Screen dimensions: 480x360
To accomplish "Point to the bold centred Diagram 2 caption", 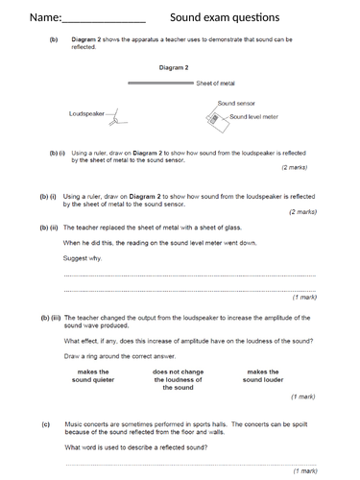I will point(173,68).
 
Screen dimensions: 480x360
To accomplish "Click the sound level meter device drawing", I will point(212,118).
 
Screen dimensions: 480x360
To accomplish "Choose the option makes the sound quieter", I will point(92,376).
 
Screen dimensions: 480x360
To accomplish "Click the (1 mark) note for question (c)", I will point(304,470).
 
